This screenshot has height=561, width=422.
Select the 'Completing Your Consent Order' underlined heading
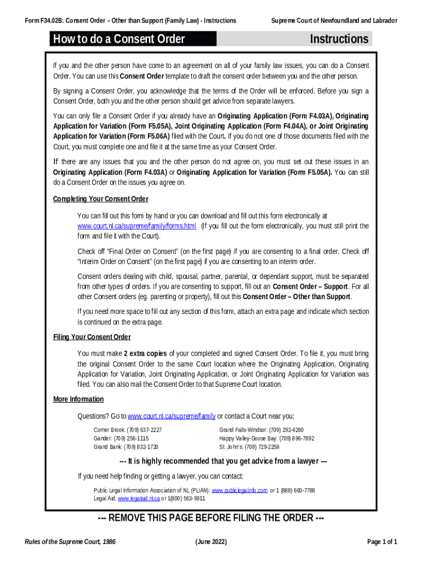(x=100, y=199)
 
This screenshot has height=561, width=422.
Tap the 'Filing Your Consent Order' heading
(x=92, y=337)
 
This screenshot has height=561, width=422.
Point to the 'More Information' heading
(x=78, y=399)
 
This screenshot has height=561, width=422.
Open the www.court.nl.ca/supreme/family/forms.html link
(x=136, y=226)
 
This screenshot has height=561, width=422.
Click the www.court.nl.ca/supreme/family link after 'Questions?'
(x=172, y=416)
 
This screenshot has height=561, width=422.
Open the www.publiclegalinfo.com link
(x=239, y=490)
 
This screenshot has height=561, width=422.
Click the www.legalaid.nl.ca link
(x=139, y=499)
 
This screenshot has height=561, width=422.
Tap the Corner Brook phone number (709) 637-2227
(x=144, y=430)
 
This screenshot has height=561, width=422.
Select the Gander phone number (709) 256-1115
(x=131, y=439)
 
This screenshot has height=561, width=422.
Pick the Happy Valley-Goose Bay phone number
(x=296, y=439)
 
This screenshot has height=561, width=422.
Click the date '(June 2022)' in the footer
(x=211, y=542)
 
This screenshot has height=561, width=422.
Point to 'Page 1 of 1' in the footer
(x=382, y=542)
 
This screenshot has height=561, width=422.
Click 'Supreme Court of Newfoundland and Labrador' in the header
(x=334, y=21)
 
